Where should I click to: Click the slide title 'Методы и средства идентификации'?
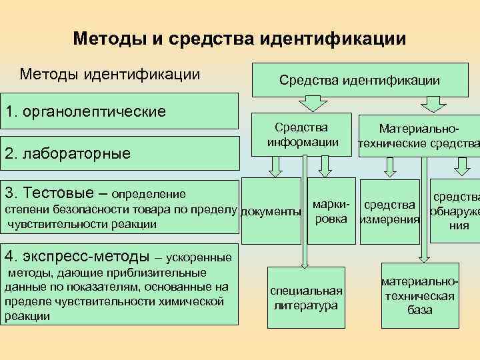tap(239, 38)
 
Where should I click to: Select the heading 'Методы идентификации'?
tap(110, 73)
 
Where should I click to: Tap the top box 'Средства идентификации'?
tap(359, 81)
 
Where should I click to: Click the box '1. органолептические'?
tap(120, 111)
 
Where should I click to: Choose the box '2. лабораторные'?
tap(120, 154)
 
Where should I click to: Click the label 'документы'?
tap(269, 213)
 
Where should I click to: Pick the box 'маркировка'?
tap(331, 211)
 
